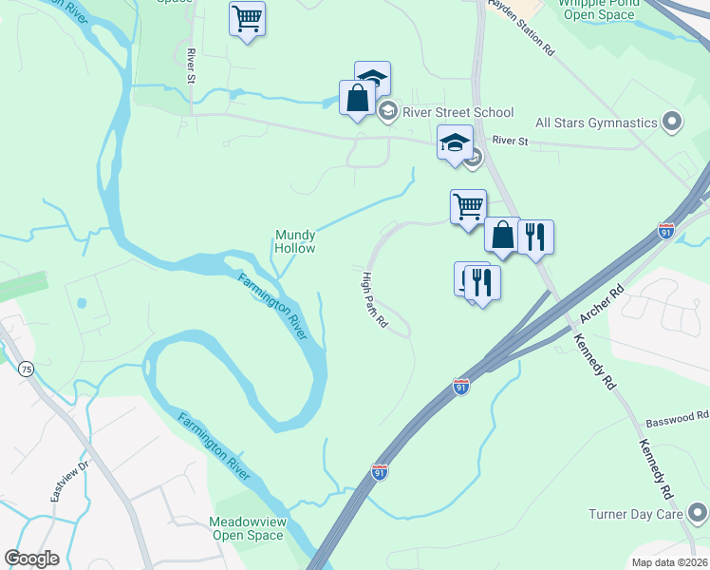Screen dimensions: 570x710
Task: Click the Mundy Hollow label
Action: (294, 241)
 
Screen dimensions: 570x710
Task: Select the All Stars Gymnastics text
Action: (596, 123)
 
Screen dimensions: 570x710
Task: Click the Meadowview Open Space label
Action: (247, 529)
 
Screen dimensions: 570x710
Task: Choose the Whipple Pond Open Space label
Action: (596, 9)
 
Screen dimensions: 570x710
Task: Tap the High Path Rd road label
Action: (375, 300)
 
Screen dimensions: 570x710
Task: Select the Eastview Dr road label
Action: (68, 483)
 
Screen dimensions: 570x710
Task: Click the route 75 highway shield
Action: (24, 369)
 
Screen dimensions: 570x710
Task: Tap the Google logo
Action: (31, 559)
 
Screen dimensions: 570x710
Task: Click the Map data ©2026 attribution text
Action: (669, 562)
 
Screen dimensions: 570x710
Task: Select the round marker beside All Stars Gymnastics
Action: (673, 122)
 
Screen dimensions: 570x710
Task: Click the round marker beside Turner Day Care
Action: (698, 514)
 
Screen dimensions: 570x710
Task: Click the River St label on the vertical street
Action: (191, 64)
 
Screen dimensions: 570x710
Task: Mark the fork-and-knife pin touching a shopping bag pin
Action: (534, 238)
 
